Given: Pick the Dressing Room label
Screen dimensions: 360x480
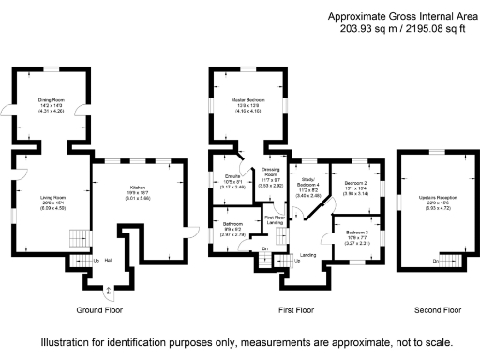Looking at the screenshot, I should [270, 172].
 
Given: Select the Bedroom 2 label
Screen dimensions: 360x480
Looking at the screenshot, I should [353, 184].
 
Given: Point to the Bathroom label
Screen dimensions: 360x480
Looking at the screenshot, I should [233, 224].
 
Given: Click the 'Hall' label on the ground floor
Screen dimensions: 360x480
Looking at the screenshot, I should [109, 260].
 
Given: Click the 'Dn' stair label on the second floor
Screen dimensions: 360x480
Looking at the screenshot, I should [434, 260].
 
